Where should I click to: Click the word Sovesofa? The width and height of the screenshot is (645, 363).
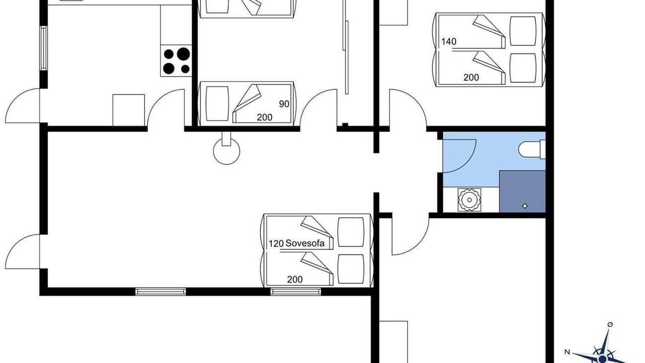tap(305, 244)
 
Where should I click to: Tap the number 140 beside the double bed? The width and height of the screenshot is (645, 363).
tap(449, 42)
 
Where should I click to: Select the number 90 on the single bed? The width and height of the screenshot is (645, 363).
tap(284, 104)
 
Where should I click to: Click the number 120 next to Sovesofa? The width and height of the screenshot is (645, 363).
tap(276, 244)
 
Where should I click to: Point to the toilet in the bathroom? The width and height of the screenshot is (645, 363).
tap(532, 149)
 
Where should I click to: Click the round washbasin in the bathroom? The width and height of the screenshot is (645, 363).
tap(469, 200)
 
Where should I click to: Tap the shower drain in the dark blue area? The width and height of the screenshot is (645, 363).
tap(525, 206)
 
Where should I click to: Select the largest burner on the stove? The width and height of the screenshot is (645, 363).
tap(183, 54)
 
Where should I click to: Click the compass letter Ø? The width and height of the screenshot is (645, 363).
tap(610, 325)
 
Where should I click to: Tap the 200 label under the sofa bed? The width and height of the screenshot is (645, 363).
tap(295, 279)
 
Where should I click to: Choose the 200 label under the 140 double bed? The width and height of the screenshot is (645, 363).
tap(471, 78)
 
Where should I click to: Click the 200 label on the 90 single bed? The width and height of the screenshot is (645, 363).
tap(265, 117)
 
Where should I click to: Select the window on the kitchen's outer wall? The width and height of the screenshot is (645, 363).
tap(43, 48)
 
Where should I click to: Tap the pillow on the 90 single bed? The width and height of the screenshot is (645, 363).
tap(217, 104)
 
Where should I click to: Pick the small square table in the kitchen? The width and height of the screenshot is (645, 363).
tap(128, 110)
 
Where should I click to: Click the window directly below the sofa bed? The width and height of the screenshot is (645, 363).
tap(296, 291)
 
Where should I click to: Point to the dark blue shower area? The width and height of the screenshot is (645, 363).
tap(523, 192)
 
